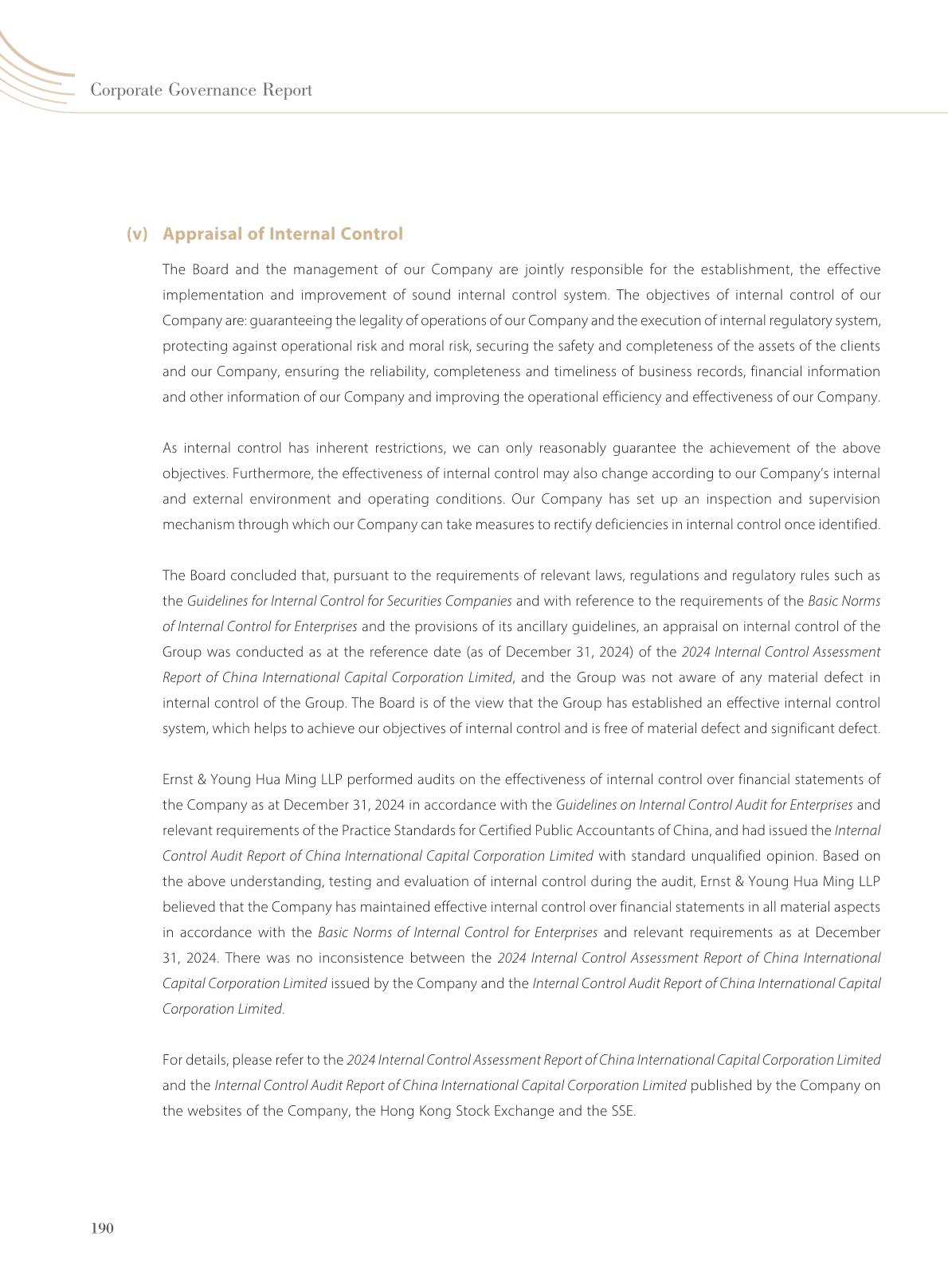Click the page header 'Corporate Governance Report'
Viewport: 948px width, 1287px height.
tap(201, 90)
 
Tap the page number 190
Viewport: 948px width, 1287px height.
tap(103, 1228)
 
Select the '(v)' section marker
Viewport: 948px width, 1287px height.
tap(137, 233)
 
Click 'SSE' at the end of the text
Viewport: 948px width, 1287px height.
tap(622, 1111)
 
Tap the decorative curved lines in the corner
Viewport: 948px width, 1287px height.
tap(32, 72)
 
